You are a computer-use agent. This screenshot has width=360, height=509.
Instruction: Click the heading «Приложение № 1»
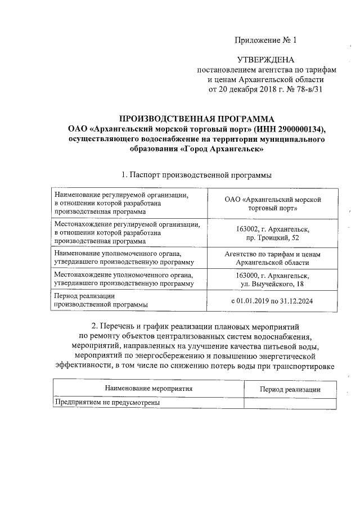(x=264, y=40)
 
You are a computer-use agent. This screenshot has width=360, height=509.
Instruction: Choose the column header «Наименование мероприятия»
(x=148, y=389)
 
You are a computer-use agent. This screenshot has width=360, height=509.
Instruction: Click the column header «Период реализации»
(x=290, y=389)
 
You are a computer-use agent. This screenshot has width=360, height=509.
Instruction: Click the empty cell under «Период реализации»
(x=290, y=403)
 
